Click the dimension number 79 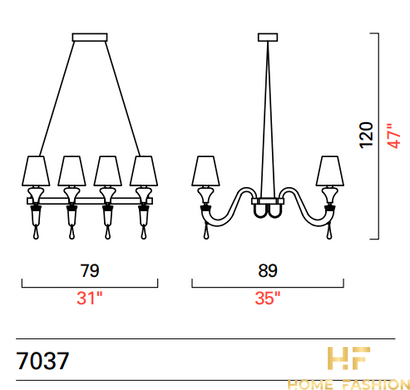click(x=90, y=270)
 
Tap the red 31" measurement click(x=90, y=298)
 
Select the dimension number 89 click(x=268, y=270)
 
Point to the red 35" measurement click(x=268, y=298)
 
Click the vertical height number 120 click(x=366, y=135)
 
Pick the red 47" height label click(x=394, y=136)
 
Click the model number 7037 click(x=43, y=361)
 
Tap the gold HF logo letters click(x=349, y=358)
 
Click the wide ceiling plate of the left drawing click(x=90, y=37)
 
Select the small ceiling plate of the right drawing click(x=268, y=37)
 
